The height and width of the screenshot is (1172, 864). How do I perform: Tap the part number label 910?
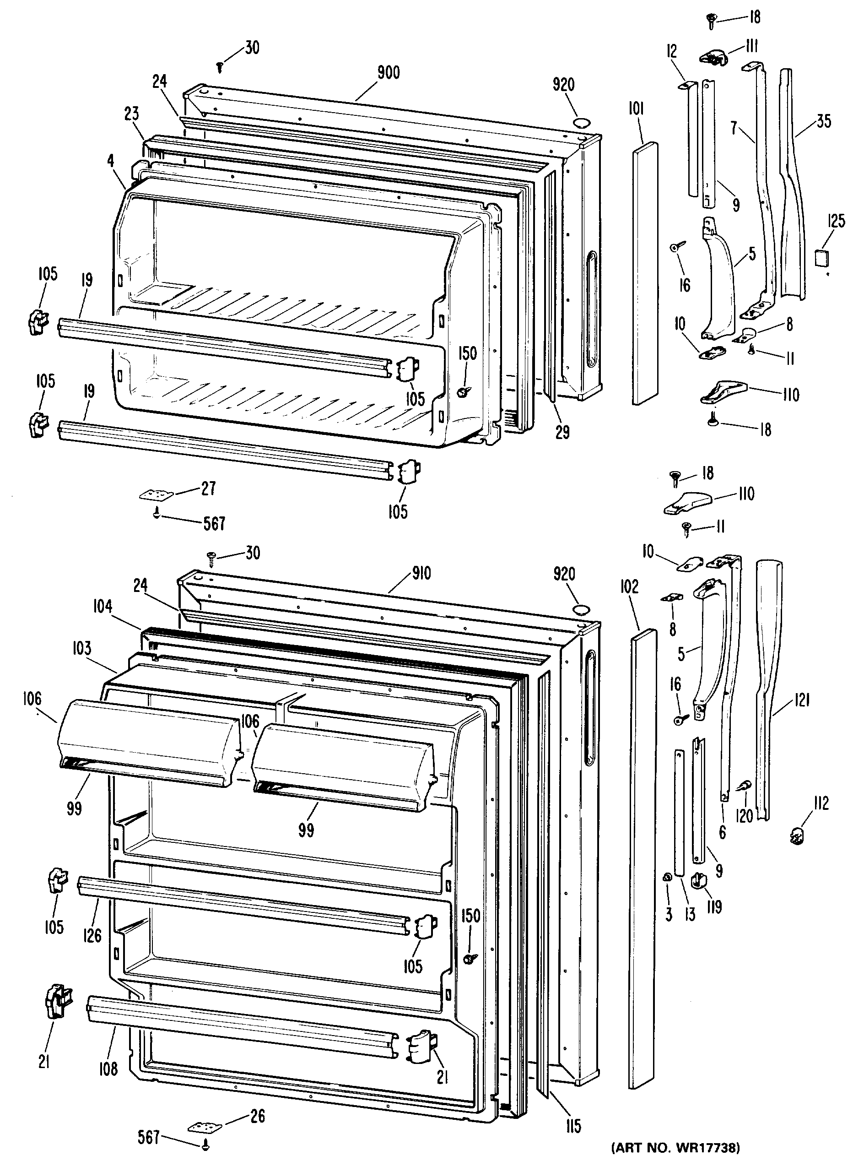(421, 574)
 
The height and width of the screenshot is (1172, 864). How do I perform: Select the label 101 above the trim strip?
(636, 109)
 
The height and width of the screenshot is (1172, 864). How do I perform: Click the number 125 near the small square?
(837, 221)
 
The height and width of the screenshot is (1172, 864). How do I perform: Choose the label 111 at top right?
(751, 47)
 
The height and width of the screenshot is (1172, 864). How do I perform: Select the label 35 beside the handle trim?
(824, 121)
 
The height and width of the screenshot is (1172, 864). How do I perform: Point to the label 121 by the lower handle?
(801, 700)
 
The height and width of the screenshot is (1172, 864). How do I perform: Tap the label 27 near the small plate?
(208, 488)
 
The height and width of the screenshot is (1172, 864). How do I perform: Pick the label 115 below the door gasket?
(573, 1125)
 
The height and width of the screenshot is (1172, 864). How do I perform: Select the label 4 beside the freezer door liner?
(110, 161)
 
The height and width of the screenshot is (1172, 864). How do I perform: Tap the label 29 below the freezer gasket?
(562, 432)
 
